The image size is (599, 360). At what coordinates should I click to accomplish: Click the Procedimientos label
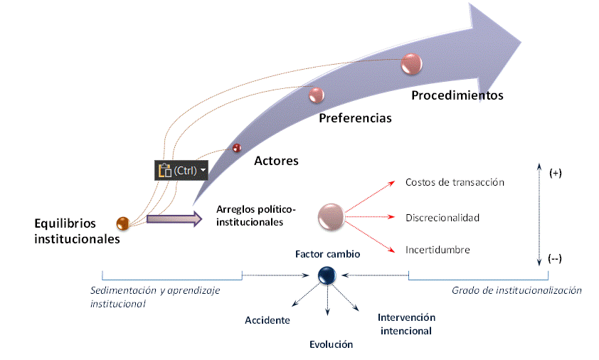point(457,95)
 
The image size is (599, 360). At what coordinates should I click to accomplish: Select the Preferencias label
point(355,118)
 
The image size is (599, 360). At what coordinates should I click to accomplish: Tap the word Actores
point(276,161)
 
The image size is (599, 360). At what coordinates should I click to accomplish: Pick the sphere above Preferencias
point(316,94)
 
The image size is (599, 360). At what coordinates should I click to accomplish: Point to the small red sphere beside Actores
point(238,148)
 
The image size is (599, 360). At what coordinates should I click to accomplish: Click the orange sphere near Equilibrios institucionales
point(123,223)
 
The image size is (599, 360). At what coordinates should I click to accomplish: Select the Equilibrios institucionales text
point(77,231)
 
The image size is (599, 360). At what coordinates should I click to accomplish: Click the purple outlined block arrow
point(174,218)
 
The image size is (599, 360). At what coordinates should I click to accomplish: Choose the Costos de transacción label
point(455,182)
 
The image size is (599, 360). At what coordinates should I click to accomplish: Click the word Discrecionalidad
point(442,217)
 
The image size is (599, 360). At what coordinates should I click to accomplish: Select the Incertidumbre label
point(438,250)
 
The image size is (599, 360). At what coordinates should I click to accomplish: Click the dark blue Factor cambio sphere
point(327,274)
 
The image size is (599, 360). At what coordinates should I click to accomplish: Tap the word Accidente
point(267,320)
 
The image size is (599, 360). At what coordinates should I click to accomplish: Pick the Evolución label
point(331,344)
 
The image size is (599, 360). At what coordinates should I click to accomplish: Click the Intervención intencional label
point(406,324)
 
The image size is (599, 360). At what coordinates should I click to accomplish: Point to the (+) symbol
point(556,174)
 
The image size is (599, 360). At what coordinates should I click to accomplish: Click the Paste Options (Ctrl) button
point(182,170)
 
